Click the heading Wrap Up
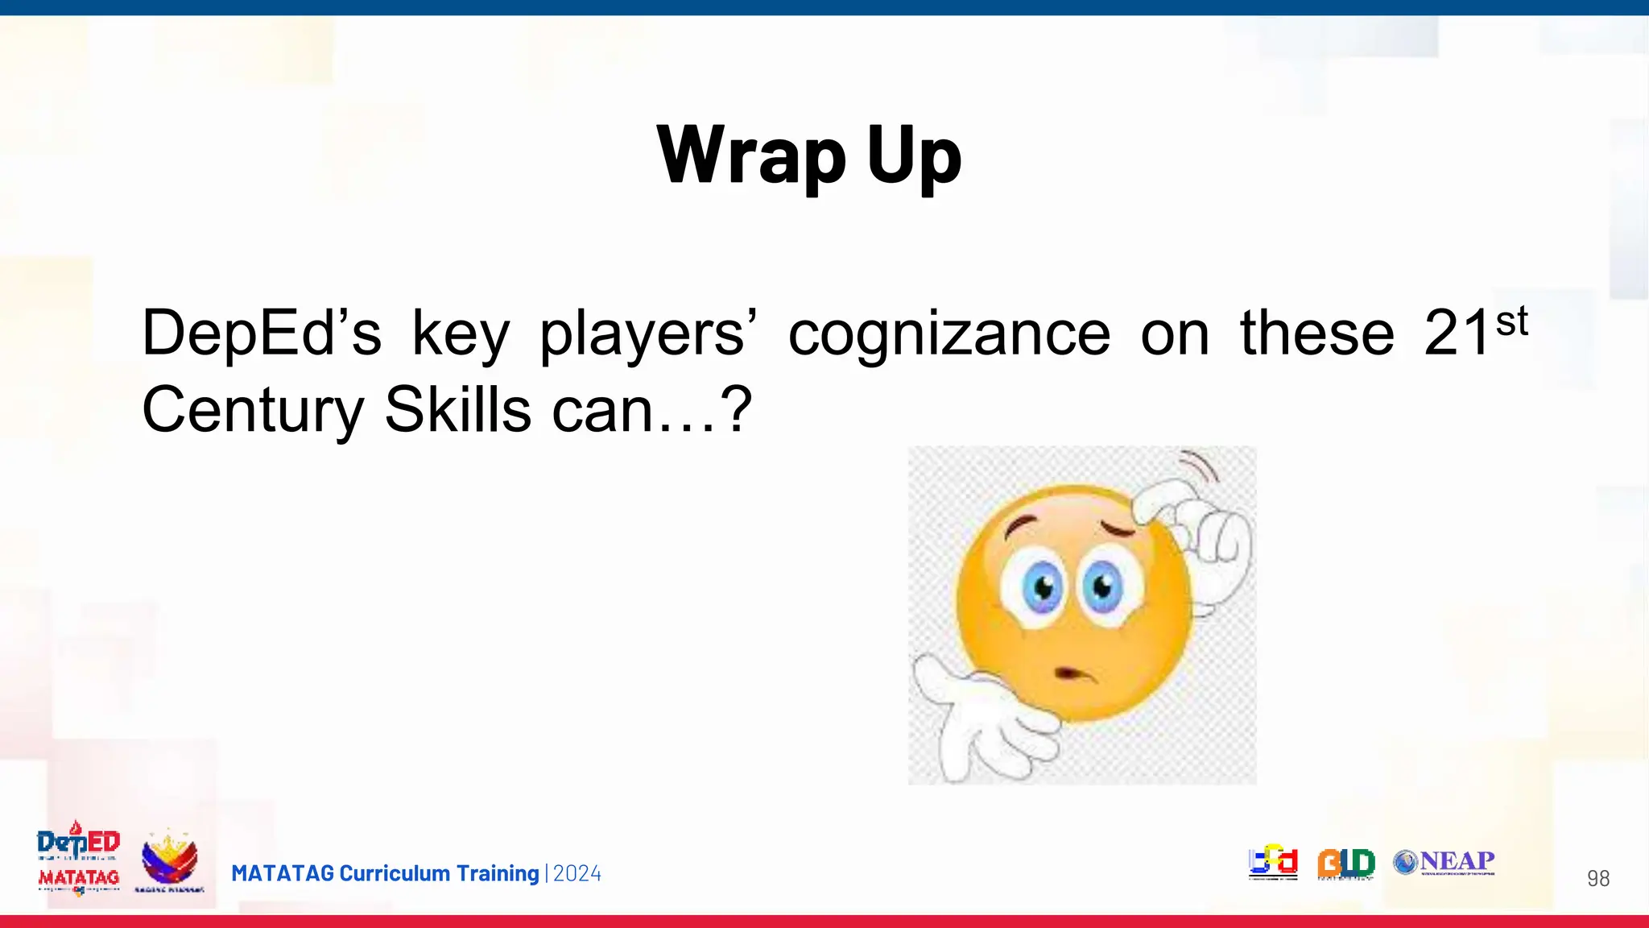coord(809,155)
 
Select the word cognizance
coord(948,333)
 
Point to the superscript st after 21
coord(1511,322)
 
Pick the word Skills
coord(457,409)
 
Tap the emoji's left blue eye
coord(1044,586)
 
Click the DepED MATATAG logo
coord(78,859)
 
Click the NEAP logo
coord(1444,862)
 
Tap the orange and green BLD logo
coord(1345,863)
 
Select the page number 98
coord(1597,878)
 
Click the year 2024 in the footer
coord(577,873)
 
